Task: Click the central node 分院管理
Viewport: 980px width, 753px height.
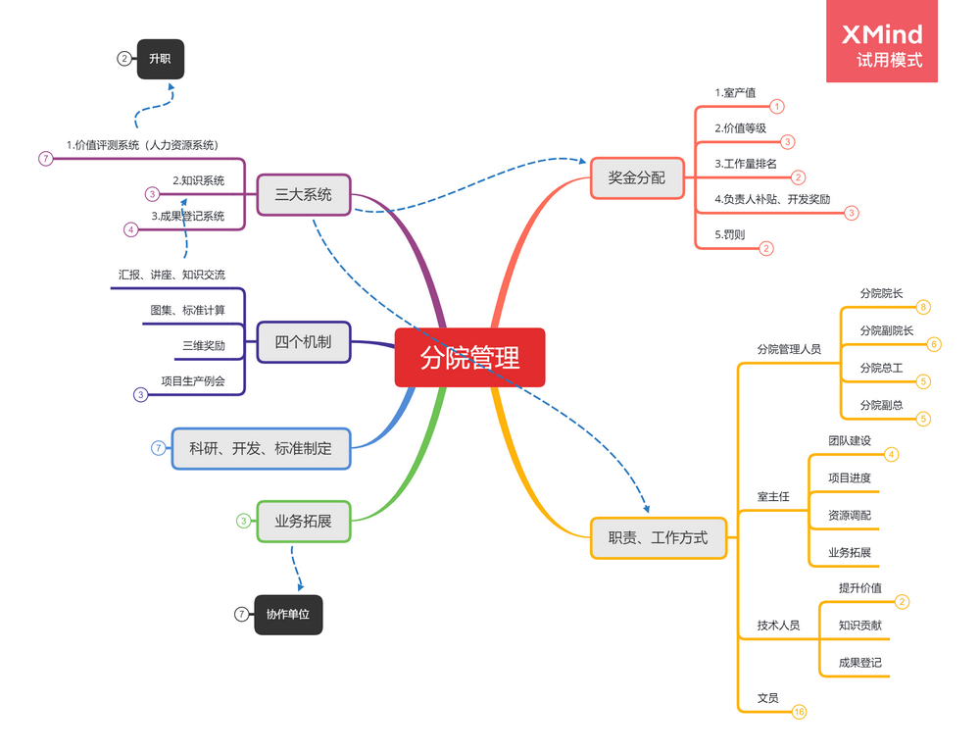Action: tap(469, 358)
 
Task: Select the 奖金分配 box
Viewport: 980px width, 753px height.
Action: tap(637, 177)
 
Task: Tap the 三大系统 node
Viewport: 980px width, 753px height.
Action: tap(304, 194)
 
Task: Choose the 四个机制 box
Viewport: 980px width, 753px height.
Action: tap(304, 342)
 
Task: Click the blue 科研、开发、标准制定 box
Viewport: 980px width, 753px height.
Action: tap(261, 448)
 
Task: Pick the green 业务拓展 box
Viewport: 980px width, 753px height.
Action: tap(304, 521)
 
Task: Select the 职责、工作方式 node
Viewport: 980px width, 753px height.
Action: tap(659, 537)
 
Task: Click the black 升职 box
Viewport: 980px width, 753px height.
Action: tap(160, 59)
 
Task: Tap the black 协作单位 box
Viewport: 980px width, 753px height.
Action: tap(288, 615)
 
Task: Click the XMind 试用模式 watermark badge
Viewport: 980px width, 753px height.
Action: tap(882, 41)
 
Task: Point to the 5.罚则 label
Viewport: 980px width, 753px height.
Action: tap(731, 235)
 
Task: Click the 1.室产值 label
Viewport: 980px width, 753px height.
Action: tap(735, 93)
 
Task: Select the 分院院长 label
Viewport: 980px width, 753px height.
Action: tap(881, 293)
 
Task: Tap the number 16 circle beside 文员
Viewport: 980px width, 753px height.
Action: tap(799, 712)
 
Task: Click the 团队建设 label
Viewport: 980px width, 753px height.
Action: tap(849, 441)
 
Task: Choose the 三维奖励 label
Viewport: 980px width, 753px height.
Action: tap(203, 346)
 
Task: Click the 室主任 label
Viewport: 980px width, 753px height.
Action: tap(773, 497)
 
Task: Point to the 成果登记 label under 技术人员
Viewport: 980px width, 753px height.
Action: tap(859, 663)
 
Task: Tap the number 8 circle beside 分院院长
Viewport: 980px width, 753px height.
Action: tap(923, 307)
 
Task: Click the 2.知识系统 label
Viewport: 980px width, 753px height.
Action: tap(198, 180)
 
